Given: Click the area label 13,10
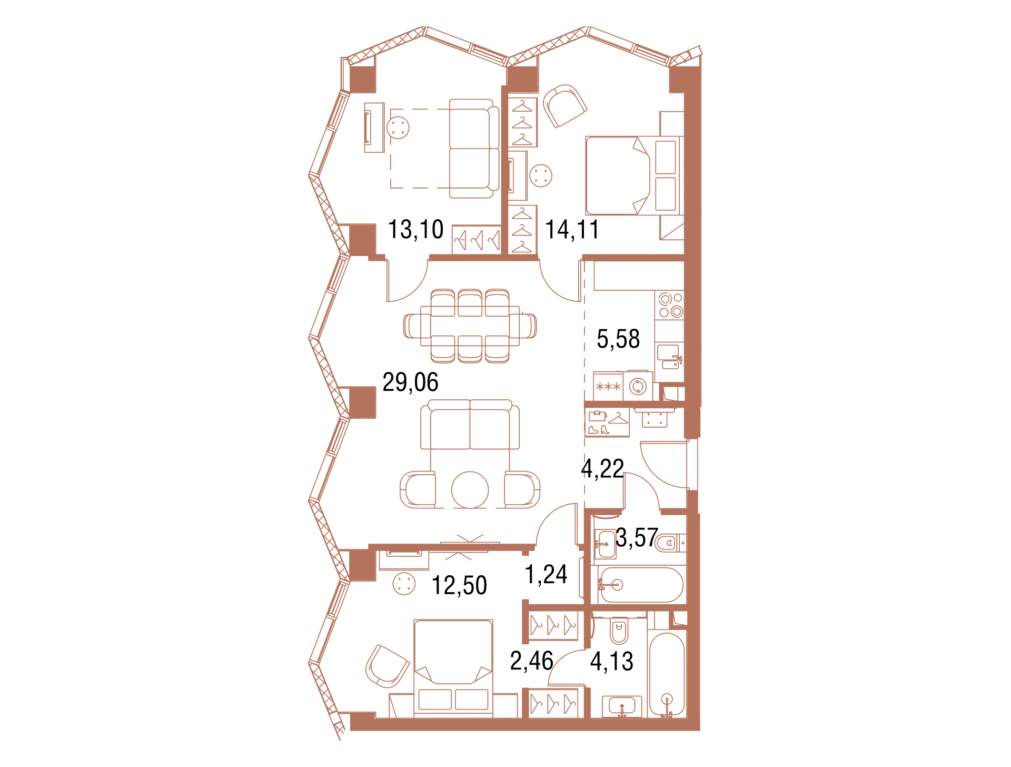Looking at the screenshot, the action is tap(415, 230).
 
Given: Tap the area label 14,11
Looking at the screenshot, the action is tap(572, 230).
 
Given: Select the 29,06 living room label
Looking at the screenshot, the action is tap(410, 382).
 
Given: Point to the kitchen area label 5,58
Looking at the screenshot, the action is tap(618, 339).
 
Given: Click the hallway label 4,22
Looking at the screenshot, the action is tap(602, 468).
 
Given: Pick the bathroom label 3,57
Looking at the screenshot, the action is tap(637, 538).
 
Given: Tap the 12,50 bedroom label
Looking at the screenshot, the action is tap(459, 585).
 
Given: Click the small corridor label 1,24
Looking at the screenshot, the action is tap(546, 574).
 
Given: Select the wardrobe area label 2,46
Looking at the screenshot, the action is tap(532, 661).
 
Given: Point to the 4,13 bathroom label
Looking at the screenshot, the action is tap(611, 661).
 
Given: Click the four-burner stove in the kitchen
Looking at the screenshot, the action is tap(670, 305).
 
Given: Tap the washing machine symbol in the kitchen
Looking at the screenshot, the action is tap(638, 386).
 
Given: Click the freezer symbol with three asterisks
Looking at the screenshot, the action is tap(608, 387).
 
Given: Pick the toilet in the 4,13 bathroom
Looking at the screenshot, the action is tap(620, 632).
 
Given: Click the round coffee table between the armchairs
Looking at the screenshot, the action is tap(470, 490).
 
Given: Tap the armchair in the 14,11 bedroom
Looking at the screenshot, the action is tap(564, 105).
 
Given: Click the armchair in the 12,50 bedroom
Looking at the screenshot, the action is tap(387, 666).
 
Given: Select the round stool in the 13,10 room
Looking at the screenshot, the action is tap(398, 127).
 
